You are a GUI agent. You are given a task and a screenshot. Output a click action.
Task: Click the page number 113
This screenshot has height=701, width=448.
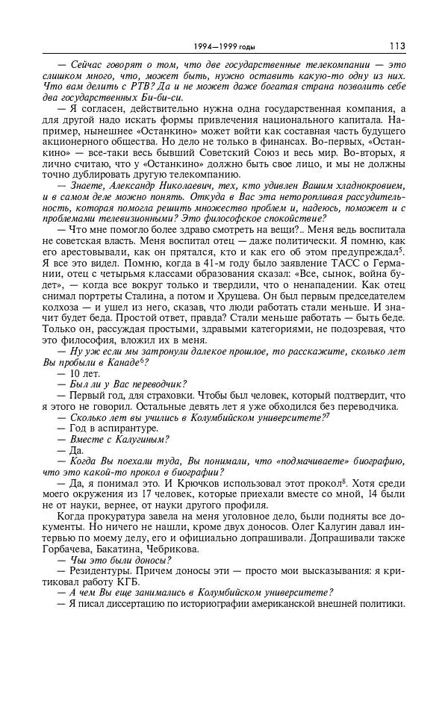tap(396, 46)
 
